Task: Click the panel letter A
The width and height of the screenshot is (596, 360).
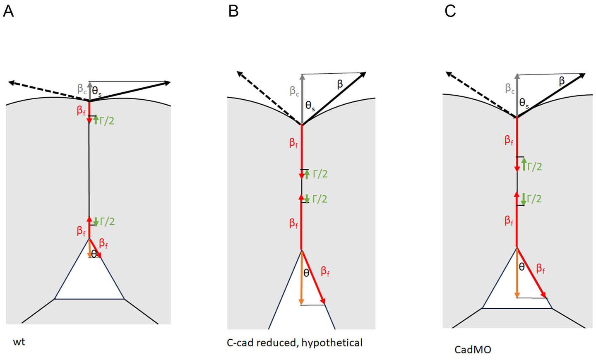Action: (x=8, y=11)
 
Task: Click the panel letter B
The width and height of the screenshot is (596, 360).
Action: (x=233, y=11)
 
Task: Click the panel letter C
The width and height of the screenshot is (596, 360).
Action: (x=450, y=11)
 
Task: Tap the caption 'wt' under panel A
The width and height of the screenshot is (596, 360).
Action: (x=19, y=342)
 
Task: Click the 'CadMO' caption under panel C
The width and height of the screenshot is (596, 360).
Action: (x=473, y=350)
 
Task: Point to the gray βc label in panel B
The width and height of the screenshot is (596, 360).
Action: (x=294, y=91)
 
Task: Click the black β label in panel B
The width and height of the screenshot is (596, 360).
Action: (x=340, y=84)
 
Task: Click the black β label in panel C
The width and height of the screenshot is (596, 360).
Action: (x=562, y=81)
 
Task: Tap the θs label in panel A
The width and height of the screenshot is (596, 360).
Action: (x=96, y=92)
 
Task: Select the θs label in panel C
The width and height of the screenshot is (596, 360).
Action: (x=524, y=103)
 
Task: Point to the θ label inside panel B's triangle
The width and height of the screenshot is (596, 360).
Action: (x=306, y=273)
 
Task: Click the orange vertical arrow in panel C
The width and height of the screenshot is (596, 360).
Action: (x=517, y=273)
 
